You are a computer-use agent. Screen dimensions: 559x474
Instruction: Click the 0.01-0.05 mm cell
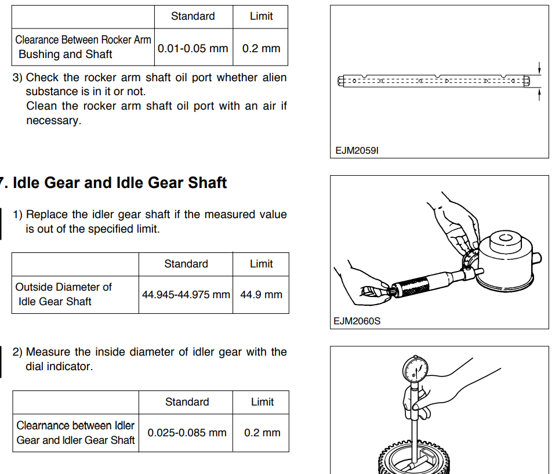pos(193,48)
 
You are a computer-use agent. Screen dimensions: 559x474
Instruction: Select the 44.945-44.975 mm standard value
pos(186,295)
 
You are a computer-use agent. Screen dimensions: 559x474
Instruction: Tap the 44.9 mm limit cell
pos(261,295)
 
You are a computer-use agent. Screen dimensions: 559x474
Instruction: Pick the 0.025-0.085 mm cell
pos(187,433)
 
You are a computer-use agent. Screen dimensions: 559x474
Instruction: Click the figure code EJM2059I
pos(357,150)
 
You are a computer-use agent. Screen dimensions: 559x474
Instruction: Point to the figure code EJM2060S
pos(357,321)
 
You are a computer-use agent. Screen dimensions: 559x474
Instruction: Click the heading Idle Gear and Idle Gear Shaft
pos(120,183)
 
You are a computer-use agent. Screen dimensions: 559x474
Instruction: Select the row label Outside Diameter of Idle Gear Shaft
pos(63,294)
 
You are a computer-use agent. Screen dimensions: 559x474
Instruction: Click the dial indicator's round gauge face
pos(415,370)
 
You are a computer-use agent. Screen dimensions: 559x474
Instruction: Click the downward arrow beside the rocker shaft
pos(539,68)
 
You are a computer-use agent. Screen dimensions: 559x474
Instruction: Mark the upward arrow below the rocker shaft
pos(539,95)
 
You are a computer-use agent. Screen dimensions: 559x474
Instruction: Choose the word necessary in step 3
pos(53,121)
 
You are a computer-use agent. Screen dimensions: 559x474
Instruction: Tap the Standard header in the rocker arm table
pos(193,16)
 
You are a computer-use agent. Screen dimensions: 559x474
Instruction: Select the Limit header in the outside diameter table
pos(261,264)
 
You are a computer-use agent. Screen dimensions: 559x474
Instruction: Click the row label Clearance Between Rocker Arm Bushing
pos(83,47)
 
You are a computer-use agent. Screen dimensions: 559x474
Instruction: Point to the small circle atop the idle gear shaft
pos(506,238)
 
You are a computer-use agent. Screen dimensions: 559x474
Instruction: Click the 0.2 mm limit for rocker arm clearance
pos(261,48)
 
